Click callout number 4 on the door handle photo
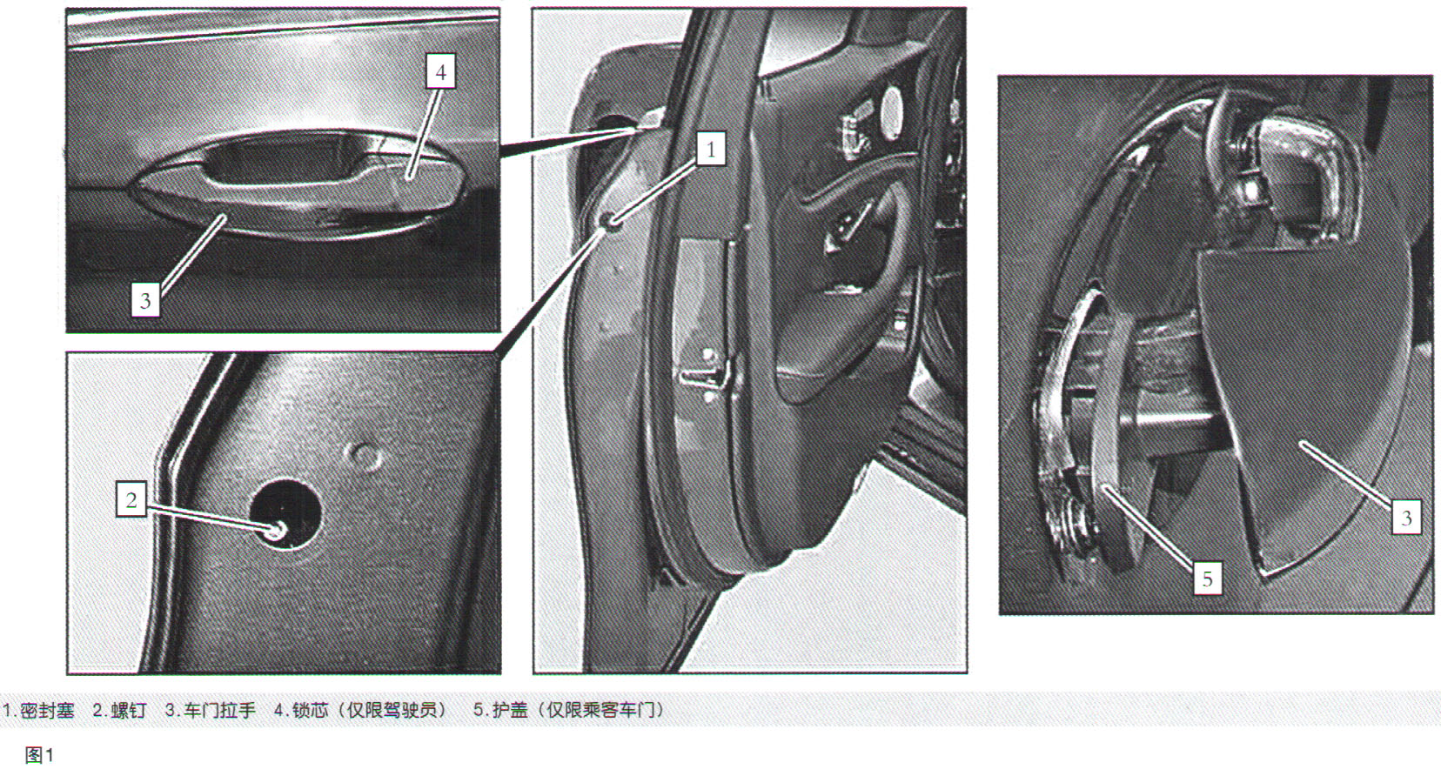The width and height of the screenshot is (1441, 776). pyautogui.click(x=440, y=71)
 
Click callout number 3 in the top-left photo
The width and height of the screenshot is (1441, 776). pyautogui.click(x=145, y=300)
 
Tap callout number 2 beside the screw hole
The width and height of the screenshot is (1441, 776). pyautogui.click(x=131, y=499)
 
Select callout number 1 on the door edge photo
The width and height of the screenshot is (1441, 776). pyautogui.click(x=711, y=149)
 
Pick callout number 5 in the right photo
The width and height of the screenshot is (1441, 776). pyautogui.click(x=1208, y=579)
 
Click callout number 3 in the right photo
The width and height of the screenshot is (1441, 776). pyautogui.click(x=1407, y=518)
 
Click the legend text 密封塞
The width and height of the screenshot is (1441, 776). pyautogui.click(x=47, y=711)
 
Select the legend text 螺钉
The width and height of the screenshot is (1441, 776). pyautogui.click(x=129, y=711)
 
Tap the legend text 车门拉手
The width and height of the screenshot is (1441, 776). pyautogui.click(x=219, y=711)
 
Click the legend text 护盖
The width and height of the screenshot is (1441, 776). pyautogui.click(x=510, y=711)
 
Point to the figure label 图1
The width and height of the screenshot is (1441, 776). pyautogui.click(x=39, y=755)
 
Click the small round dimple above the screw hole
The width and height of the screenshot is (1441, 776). pyautogui.click(x=364, y=456)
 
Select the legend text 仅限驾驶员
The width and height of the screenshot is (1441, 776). pyautogui.click(x=392, y=711)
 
